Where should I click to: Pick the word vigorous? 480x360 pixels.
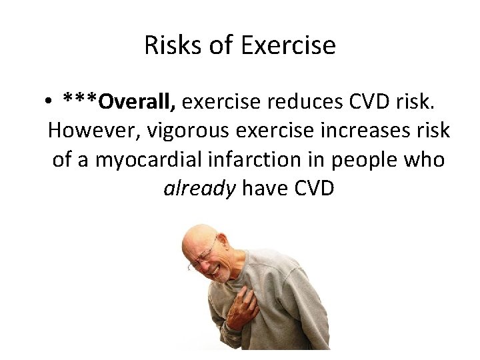[x=175, y=131]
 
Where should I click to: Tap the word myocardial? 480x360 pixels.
[x=143, y=160]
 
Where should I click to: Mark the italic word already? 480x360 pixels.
[x=199, y=189]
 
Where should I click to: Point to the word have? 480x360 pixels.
[x=263, y=189]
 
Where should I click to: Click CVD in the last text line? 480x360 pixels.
[x=312, y=189]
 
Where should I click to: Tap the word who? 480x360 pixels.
[x=425, y=160]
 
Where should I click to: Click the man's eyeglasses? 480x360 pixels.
[x=203, y=257]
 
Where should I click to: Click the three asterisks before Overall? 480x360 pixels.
[x=80, y=100]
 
